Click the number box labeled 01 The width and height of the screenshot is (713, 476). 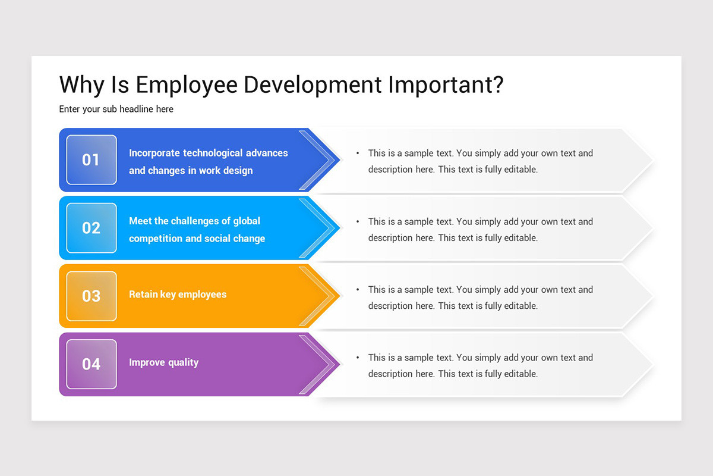pyautogui.click(x=92, y=159)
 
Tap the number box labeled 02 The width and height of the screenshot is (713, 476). pyautogui.click(x=92, y=228)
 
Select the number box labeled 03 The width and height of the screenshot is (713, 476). pyautogui.click(x=92, y=296)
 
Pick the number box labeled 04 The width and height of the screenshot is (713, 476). pyautogui.click(x=92, y=364)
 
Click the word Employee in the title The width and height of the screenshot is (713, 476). pyautogui.click(x=187, y=86)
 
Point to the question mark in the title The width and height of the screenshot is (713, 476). pyautogui.click(x=497, y=84)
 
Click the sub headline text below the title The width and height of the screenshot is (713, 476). pyautogui.click(x=116, y=109)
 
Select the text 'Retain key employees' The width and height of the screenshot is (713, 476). pyautogui.click(x=178, y=295)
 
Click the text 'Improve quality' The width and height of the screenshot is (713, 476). pyautogui.click(x=164, y=362)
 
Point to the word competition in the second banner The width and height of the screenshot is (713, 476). pyautogui.click(x=156, y=239)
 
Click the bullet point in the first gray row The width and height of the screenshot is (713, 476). pyautogui.click(x=358, y=154)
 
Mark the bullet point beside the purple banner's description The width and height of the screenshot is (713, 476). pyautogui.click(x=358, y=358)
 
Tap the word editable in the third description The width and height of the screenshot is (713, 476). pyautogui.click(x=520, y=306)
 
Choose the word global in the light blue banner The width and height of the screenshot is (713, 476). pyautogui.click(x=246, y=221)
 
